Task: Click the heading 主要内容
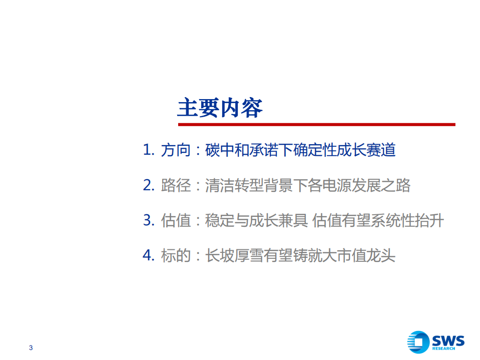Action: pos(220,108)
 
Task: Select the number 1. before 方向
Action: pos(149,150)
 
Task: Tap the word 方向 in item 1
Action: pos(176,150)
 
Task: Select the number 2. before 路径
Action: pos(149,185)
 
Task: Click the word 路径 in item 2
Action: pos(176,185)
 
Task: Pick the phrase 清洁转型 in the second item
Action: pos(235,185)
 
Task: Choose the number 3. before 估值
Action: pos(149,220)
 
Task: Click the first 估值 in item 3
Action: pos(176,220)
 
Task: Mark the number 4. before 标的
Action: pos(149,255)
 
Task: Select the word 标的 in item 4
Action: pos(176,255)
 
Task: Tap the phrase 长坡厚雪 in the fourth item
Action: pos(235,255)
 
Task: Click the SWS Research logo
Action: pos(435,341)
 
